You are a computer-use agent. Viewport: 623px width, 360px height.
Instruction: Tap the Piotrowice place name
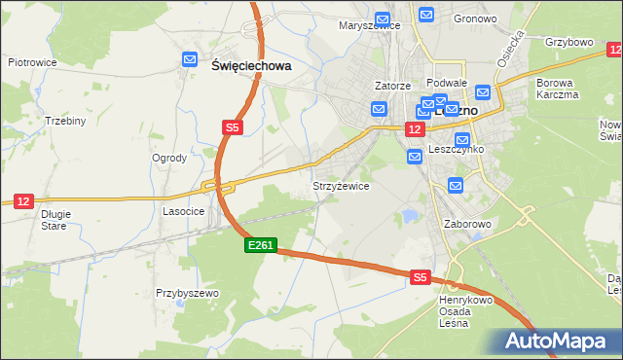[32, 62]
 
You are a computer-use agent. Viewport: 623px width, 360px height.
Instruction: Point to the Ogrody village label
[170, 158]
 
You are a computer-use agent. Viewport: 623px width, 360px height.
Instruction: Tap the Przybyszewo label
[188, 293]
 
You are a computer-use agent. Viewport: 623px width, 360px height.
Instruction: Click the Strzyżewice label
[340, 186]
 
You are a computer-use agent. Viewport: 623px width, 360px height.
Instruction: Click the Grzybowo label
[569, 43]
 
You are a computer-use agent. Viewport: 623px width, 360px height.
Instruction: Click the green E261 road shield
[261, 248]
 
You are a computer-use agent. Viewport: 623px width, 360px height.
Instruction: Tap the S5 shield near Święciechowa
[232, 127]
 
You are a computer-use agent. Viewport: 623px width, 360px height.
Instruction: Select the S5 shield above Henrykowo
[420, 277]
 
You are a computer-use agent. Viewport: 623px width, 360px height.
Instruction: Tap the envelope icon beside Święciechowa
[191, 61]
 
